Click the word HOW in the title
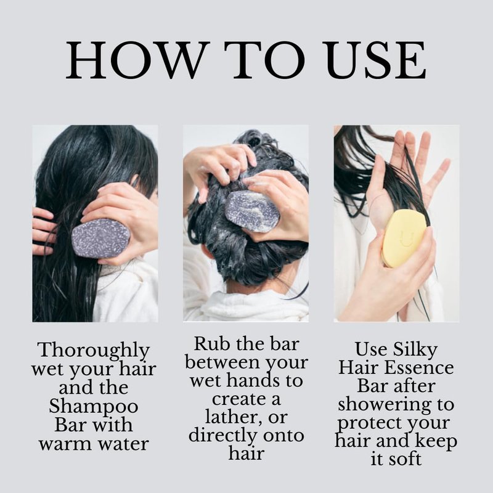(137, 60)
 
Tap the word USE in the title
(376, 60)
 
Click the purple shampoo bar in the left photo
(100, 238)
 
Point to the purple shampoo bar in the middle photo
(252, 211)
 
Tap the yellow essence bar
(404, 238)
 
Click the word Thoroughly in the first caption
(94, 351)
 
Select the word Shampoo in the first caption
(94, 407)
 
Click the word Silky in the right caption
(415, 350)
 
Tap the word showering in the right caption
(384, 405)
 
